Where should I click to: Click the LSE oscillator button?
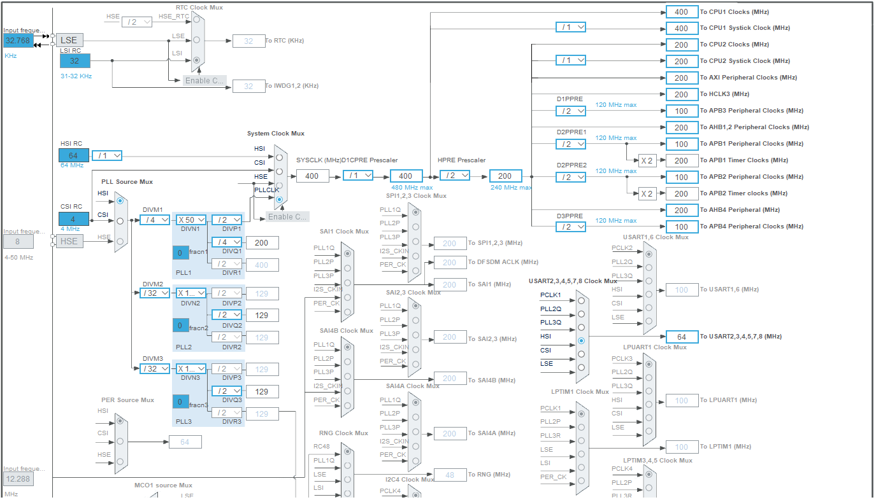(69, 40)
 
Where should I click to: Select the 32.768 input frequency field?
(18, 40)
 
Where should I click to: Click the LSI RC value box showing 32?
(75, 60)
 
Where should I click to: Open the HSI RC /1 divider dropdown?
(107, 156)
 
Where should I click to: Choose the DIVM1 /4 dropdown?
(155, 220)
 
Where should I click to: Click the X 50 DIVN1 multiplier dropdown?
(191, 220)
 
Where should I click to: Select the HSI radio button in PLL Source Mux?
(120, 200)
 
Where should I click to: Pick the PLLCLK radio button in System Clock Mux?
(279, 199)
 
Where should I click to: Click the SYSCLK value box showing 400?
(312, 176)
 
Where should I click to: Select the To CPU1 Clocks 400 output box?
(682, 11)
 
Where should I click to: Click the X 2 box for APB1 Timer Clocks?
(647, 160)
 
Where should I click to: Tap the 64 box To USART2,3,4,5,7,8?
(682, 337)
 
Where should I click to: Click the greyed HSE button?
(69, 241)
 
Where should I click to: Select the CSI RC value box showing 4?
(75, 220)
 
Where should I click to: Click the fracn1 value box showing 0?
(180, 253)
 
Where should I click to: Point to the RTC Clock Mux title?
(199, 7)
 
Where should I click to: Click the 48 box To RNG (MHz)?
(450, 475)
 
